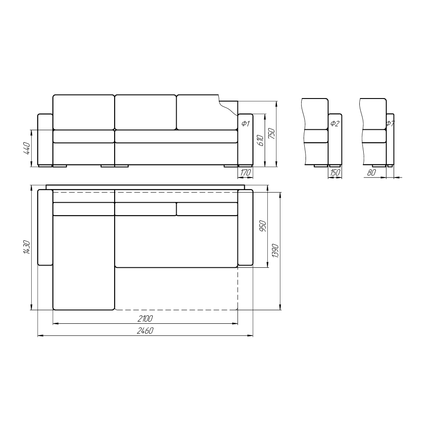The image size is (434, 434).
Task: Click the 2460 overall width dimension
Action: [145, 330]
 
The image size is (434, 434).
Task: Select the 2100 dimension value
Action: [145, 319]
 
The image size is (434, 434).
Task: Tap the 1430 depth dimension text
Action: [26, 247]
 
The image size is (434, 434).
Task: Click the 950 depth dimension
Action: [263, 226]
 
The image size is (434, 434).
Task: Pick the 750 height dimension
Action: [272, 134]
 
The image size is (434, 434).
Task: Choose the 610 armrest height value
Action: [260, 140]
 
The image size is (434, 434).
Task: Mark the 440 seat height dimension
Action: [26, 148]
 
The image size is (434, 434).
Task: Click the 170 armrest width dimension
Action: [245, 172]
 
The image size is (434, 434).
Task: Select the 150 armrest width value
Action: [335, 172]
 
